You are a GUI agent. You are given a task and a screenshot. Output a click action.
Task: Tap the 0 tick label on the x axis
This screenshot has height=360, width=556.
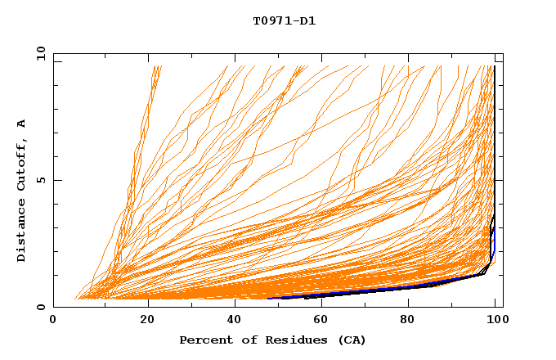[x=53, y=320]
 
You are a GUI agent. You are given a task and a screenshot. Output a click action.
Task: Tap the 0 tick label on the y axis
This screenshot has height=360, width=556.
[x=42, y=307]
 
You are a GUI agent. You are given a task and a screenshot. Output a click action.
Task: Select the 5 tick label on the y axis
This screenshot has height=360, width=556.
[x=42, y=180]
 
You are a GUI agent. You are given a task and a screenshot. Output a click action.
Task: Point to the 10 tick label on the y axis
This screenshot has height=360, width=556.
[x=39, y=53]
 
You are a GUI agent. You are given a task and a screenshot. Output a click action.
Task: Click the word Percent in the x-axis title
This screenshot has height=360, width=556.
[x=205, y=340]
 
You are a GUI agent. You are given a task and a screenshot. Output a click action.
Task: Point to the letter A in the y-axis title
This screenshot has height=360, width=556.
[x=22, y=124]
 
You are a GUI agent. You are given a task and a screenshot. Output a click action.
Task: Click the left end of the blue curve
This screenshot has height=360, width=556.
[x=269, y=298]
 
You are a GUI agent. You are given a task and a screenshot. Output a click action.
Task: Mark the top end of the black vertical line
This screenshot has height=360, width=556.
[x=494, y=66]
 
